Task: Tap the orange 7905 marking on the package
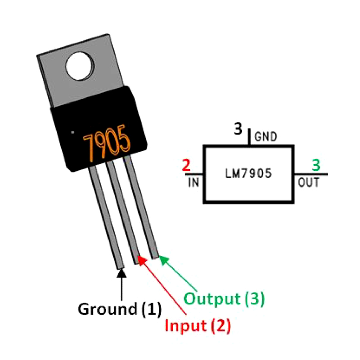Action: (107, 143)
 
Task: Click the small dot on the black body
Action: (72, 133)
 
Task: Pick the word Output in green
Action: (211, 298)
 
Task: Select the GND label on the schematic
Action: (266, 136)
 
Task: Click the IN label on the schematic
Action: (193, 183)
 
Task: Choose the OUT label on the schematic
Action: (308, 183)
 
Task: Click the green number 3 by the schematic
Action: (316, 166)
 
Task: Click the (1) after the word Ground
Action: (151, 309)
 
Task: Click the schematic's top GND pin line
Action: (249, 137)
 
